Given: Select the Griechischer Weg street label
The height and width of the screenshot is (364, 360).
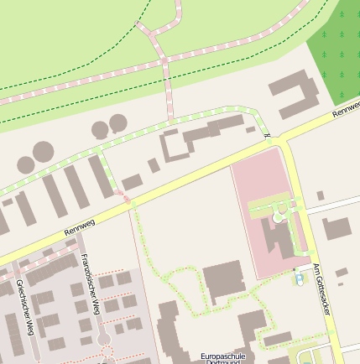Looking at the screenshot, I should point(24,307).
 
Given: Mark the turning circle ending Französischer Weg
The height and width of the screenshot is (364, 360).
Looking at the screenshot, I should point(104,339).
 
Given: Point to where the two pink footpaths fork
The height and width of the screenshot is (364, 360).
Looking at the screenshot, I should point(163,58).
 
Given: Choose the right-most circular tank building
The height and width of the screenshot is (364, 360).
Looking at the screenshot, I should point(118,123).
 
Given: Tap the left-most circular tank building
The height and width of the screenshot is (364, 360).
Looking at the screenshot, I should point(25,164).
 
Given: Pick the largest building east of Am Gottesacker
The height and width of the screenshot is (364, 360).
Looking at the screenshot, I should point(337,228).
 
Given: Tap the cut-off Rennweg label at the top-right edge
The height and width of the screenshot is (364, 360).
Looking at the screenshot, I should point(346,110).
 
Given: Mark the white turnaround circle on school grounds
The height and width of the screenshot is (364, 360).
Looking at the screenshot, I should point(278,218).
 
